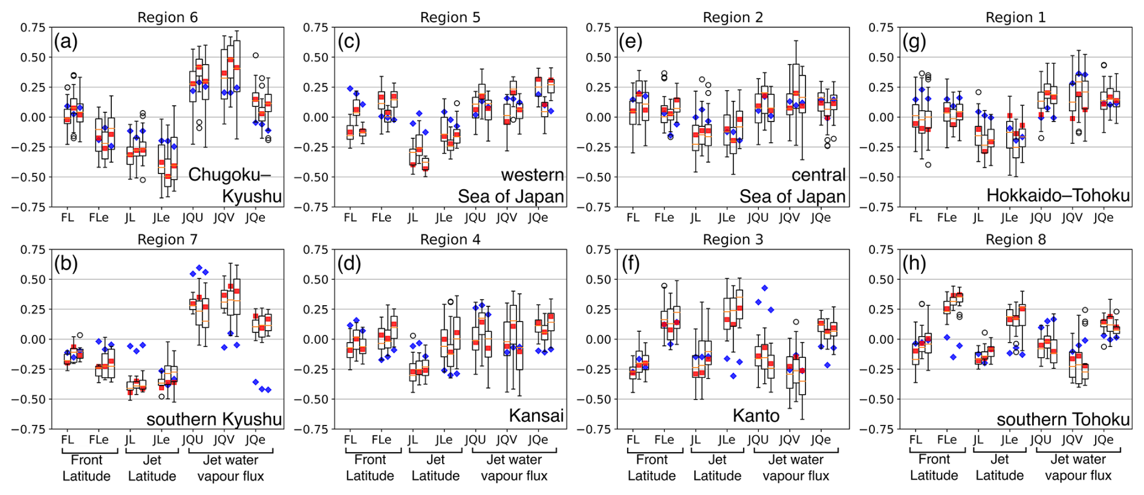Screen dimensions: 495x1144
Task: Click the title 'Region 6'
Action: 167,18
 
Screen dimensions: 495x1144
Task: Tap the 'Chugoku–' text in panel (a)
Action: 229,175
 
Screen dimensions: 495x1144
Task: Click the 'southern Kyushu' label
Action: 214,419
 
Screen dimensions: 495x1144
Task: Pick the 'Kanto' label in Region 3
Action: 755,416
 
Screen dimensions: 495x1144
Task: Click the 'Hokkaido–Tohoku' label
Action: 1058,196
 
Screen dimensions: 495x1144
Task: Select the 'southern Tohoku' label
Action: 1063,419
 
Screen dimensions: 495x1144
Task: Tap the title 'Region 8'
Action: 1015,240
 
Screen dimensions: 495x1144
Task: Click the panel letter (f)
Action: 630,264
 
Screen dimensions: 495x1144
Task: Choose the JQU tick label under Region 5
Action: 475,218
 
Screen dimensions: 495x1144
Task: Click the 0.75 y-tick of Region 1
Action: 881,27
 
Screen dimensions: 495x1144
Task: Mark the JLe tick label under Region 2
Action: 726,218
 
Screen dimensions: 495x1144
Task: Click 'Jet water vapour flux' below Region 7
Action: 230,468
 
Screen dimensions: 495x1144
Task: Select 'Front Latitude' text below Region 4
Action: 369,468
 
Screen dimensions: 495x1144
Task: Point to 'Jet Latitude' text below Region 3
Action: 717,468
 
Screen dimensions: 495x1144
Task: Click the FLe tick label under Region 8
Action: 947,440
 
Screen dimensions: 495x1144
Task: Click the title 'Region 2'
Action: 733,18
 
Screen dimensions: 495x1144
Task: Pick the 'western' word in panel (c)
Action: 532,175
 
